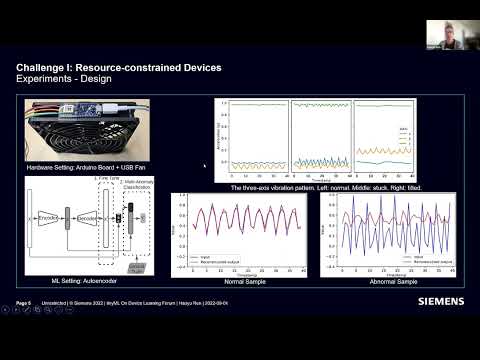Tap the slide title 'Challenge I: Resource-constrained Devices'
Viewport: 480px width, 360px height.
pos(119,67)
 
